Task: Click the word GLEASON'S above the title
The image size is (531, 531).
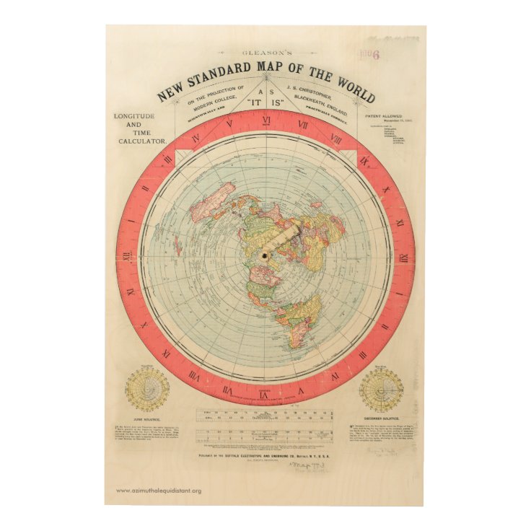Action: pos(265,53)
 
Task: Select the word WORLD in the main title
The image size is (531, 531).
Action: pos(355,92)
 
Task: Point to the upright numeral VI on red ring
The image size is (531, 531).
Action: pos(266,120)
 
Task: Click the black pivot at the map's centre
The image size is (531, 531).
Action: pos(265,255)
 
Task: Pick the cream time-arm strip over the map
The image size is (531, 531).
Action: pos(281,241)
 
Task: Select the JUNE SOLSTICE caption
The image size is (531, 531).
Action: pos(146,418)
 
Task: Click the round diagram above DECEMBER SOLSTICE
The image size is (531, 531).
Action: pos(381,390)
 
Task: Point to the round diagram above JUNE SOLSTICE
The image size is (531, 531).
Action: pos(147,390)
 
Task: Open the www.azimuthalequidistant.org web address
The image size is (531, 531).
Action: pos(159,491)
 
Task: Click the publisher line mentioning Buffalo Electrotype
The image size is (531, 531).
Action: pos(265,455)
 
